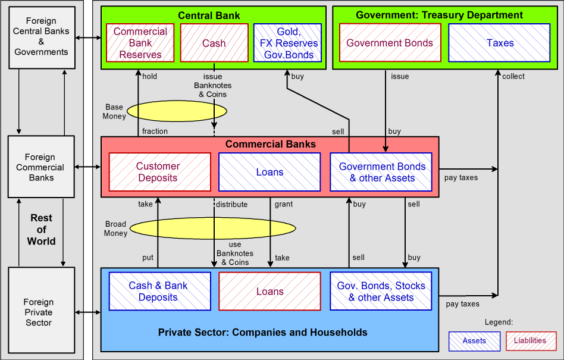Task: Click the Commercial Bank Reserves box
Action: pyautogui.click(x=140, y=43)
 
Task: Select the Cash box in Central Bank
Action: pyautogui.click(x=214, y=43)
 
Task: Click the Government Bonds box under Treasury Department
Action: pyautogui.click(x=390, y=43)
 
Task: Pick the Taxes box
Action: pyautogui.click(x=500, y=43)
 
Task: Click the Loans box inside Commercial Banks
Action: pyautogui.click(x=270, y=172)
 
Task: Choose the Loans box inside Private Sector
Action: pyautogui.click(x=270, y=292)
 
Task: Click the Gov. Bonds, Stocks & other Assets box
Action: pyautogui.click(x=381, y=292)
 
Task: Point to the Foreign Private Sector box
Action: pyautogui.click(x=41, y=312)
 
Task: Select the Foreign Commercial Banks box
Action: pyautogui.click(x=41, y=167)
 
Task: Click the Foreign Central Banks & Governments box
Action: pyautogui.click(x=41, y=37)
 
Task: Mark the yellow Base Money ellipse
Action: pyautogui.click(x=177, y=111)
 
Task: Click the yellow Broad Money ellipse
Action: pyautogui.click(x=213, y=228)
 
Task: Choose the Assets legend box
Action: pyautogui.click(x=474, y=341)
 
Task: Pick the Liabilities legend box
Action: pyautogui.click(x=530, y=341)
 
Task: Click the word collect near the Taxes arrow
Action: pyautogui.click(x=513, y=76)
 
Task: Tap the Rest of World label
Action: pyautogui.click(x=41, y=230)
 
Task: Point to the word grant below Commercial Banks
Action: pyautogui.click(x=284, y=204)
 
